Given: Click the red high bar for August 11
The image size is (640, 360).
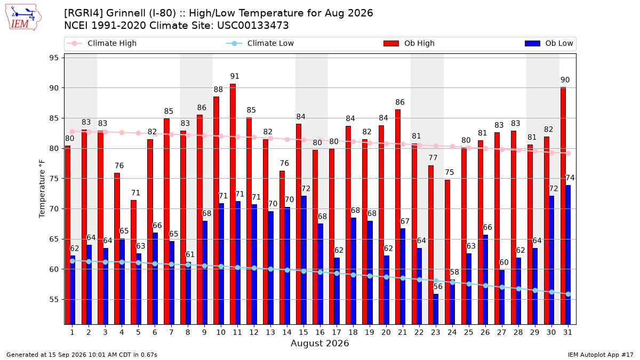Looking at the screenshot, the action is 233,204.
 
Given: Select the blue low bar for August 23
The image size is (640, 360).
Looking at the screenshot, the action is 436,309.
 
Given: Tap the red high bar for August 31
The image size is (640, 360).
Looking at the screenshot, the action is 563,206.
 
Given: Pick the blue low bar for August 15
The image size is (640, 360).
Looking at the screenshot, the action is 303,260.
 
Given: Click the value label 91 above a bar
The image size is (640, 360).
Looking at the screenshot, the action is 235,76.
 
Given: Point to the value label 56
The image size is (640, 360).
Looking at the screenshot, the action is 438,286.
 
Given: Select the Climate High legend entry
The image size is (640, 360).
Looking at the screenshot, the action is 102,43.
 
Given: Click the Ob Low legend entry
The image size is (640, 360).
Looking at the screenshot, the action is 549,43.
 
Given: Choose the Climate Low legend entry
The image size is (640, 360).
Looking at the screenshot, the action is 260,43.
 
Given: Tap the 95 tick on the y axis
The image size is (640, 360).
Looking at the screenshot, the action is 54,58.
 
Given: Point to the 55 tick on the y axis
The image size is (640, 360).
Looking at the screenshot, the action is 54,299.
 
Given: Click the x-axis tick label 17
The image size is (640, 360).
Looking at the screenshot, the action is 337,333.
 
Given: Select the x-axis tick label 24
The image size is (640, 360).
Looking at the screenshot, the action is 452,333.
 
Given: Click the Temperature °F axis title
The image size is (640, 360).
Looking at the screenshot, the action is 42,189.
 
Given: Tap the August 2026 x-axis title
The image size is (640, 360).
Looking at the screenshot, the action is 319,343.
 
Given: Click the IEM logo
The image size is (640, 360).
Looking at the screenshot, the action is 23,18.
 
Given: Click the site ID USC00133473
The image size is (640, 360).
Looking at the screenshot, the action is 253,26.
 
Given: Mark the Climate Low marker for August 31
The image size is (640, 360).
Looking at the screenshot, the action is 569,294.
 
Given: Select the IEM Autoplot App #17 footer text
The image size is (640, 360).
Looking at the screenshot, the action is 601,355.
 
